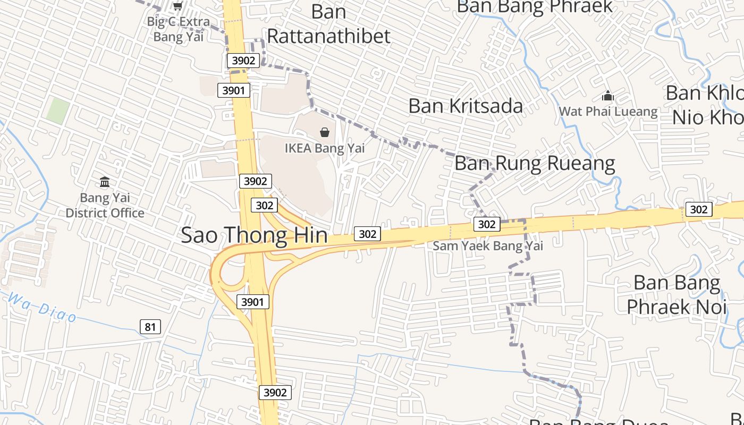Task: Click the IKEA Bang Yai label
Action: click(325, 148)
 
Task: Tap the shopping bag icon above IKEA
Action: click(325, 132)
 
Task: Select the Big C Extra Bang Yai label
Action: click(179, 29)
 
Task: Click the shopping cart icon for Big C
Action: click(177, 6)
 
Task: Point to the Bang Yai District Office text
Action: click(105, 206)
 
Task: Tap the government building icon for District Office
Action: click(105, 182)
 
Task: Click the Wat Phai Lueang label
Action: click(608, 112)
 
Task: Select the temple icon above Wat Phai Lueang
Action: click(607, 96)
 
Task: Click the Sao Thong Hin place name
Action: click(254, 235)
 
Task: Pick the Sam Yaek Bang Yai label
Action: click(488, 245)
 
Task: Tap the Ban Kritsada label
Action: click(466, 106)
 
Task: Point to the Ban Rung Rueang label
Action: click(535, 163)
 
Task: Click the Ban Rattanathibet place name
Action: click(328, 24)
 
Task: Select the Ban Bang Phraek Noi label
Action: click(677, 294)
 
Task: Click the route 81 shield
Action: click(150, 327)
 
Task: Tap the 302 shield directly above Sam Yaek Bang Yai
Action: click(486, 224)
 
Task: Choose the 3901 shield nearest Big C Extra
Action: click(234, 90)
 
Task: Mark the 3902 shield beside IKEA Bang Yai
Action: click(256, 181)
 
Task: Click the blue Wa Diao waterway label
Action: click(43, 308)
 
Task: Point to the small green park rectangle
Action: click(57, 111)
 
